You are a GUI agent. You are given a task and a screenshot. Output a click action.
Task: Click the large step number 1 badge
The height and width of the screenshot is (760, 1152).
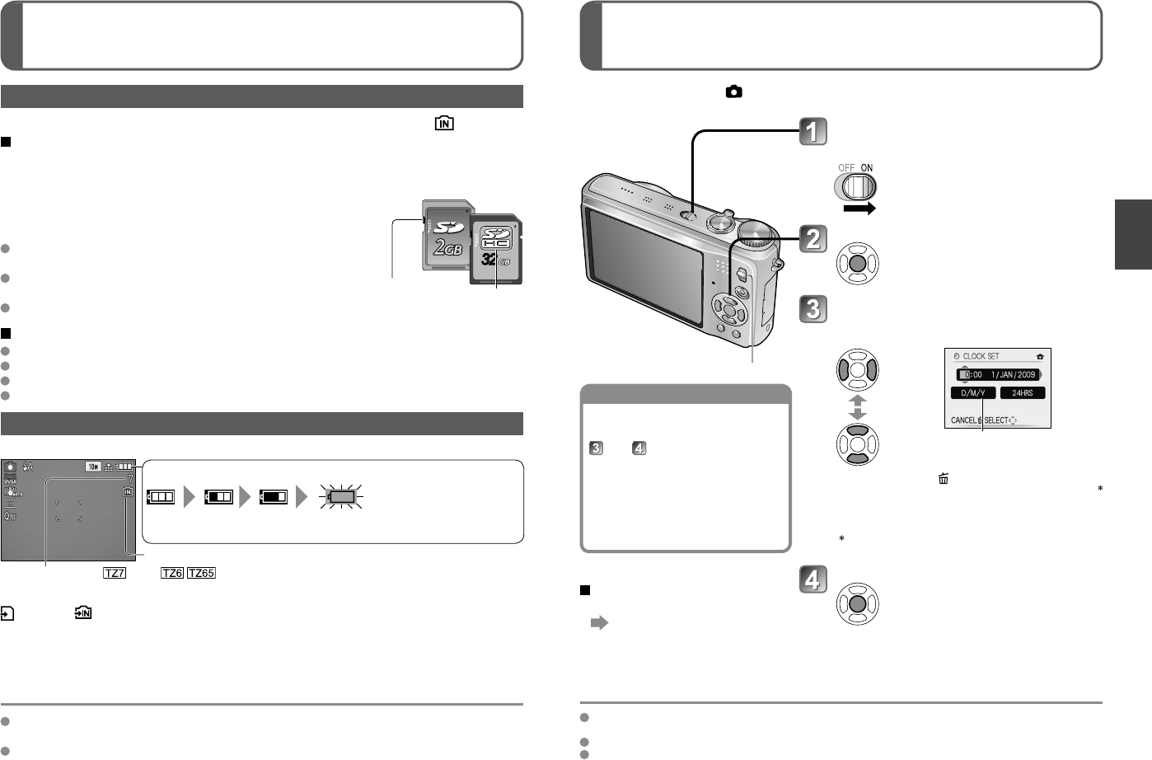(x=813, y=132)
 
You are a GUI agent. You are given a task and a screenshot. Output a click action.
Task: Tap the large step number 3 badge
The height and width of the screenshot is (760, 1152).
(x=813, y=309)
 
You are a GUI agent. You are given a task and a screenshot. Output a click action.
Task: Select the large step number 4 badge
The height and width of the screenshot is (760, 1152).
(x=813, y=580)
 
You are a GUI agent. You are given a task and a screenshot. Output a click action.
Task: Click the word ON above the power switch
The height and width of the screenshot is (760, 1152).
(x=867, y=167)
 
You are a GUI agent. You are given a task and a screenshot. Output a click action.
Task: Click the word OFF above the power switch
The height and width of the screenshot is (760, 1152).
(x=846, y=167)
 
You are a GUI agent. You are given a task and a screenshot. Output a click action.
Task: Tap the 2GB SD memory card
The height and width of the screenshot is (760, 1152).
(x=446, y=235)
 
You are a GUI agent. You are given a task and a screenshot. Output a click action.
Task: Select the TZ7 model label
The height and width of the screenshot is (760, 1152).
(x=115, y=573)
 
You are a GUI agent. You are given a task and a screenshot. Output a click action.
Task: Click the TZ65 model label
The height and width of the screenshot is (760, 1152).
(x=202, y=573)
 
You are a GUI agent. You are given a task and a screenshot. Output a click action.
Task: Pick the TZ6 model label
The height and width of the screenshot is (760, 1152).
(x=172, y=573)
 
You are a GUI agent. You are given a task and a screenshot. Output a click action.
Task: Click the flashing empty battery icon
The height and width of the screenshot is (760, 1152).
(x=342, y=497)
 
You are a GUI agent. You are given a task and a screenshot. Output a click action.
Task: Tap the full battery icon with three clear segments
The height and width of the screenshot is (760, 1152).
(x=162, y=497)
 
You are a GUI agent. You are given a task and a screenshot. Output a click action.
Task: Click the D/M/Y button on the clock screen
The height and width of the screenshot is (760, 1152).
(x=973, y=393)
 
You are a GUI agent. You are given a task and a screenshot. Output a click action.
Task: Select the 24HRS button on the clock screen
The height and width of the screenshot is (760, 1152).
(x=1023, y=393)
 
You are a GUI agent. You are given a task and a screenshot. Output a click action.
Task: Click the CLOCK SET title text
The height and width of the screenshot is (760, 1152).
(x=981, y=356)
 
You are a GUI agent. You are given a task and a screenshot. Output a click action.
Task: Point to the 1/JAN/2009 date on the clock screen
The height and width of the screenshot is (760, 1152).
(x=1014, y=374)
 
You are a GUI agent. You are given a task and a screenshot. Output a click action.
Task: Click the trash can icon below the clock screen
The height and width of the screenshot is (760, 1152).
(x=943, y=478)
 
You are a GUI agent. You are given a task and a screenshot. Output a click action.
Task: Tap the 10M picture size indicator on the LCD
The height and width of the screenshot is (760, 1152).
(x=93, y=467)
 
